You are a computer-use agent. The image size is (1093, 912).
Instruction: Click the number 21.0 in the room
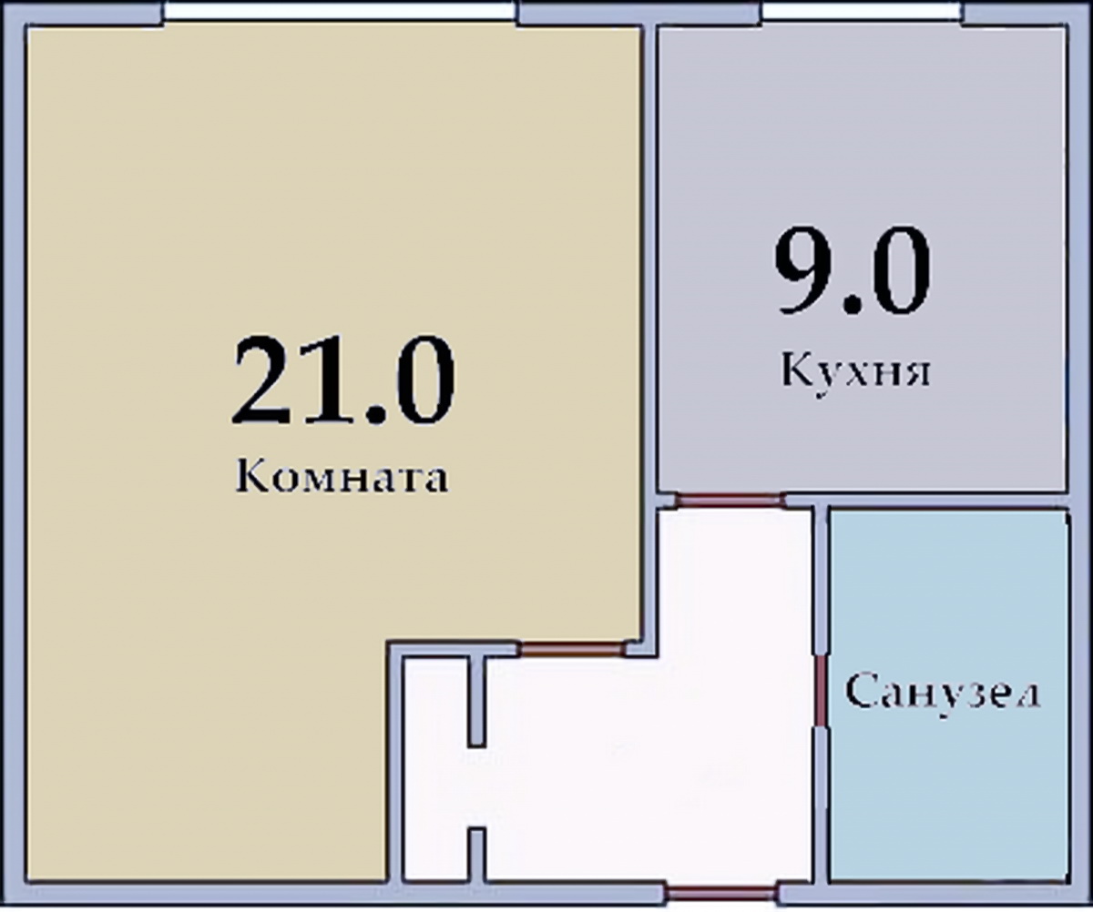(x=344, y=379)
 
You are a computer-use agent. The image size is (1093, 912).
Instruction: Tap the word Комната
(x=342, y=476)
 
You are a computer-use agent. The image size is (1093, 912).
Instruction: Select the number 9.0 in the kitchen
(x=853, y=270)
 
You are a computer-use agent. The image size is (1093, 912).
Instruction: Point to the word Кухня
(x=856, y=370)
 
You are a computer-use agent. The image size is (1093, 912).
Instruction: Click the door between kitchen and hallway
(x=730, y=501)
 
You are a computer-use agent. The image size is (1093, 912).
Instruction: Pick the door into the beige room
(x=572, y=649)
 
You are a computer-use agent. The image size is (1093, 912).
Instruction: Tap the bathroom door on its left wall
(x=822, y=690)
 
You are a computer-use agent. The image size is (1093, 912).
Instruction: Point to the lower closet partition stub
(x=476, y=854)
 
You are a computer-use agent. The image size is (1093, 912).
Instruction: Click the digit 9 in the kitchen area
(x=801, y=270)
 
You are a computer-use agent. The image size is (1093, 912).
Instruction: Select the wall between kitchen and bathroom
(x=947, y=501)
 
